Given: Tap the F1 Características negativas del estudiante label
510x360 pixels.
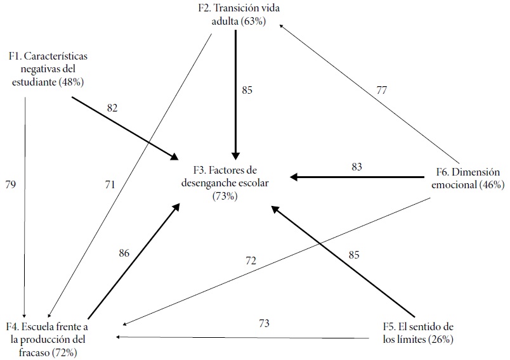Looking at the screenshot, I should click(48, 69).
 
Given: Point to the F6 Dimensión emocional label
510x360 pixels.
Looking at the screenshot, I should click(469, 178).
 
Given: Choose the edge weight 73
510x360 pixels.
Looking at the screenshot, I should click(265, 323).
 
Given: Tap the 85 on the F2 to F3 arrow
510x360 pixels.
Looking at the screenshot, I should click(247, 90).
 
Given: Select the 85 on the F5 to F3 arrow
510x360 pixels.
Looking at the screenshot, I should click(354, 255).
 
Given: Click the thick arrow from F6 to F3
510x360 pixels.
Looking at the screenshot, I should click(355, 177).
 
